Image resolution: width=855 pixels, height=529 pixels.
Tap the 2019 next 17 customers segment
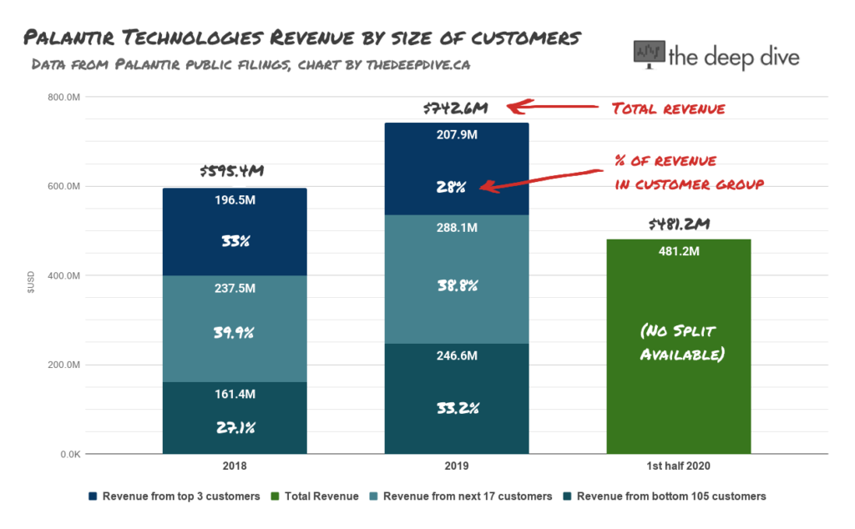456,280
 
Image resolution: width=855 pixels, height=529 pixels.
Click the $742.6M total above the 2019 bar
454,108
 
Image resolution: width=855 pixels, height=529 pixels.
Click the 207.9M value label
456,135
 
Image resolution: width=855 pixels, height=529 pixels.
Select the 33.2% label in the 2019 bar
456,410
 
